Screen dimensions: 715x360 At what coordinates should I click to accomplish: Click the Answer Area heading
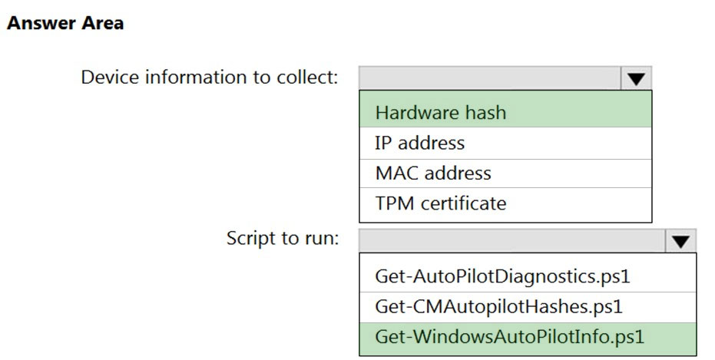tap(65, 23)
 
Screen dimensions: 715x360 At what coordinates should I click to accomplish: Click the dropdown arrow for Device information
tap(636, 78)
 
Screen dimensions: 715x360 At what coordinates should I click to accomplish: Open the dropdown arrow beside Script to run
tap(680, 240)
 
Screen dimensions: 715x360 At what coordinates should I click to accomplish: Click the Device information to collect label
tap(210, 77)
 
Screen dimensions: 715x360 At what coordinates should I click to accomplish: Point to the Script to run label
tap(283, 238)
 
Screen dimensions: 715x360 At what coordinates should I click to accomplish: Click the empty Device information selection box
tap(490, 78)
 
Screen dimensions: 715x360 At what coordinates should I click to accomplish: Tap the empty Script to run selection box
tap(512, 240)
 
